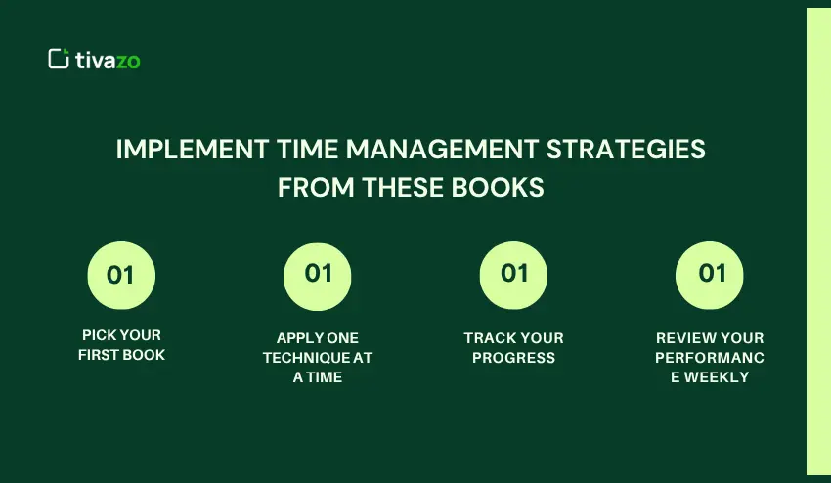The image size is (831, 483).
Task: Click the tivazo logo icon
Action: [59, 59]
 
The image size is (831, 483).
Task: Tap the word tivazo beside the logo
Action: [108, 60]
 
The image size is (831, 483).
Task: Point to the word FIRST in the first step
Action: [99, 355]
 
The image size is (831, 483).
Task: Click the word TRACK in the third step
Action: [487, 338]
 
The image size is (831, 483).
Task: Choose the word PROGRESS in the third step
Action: [513, 358]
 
